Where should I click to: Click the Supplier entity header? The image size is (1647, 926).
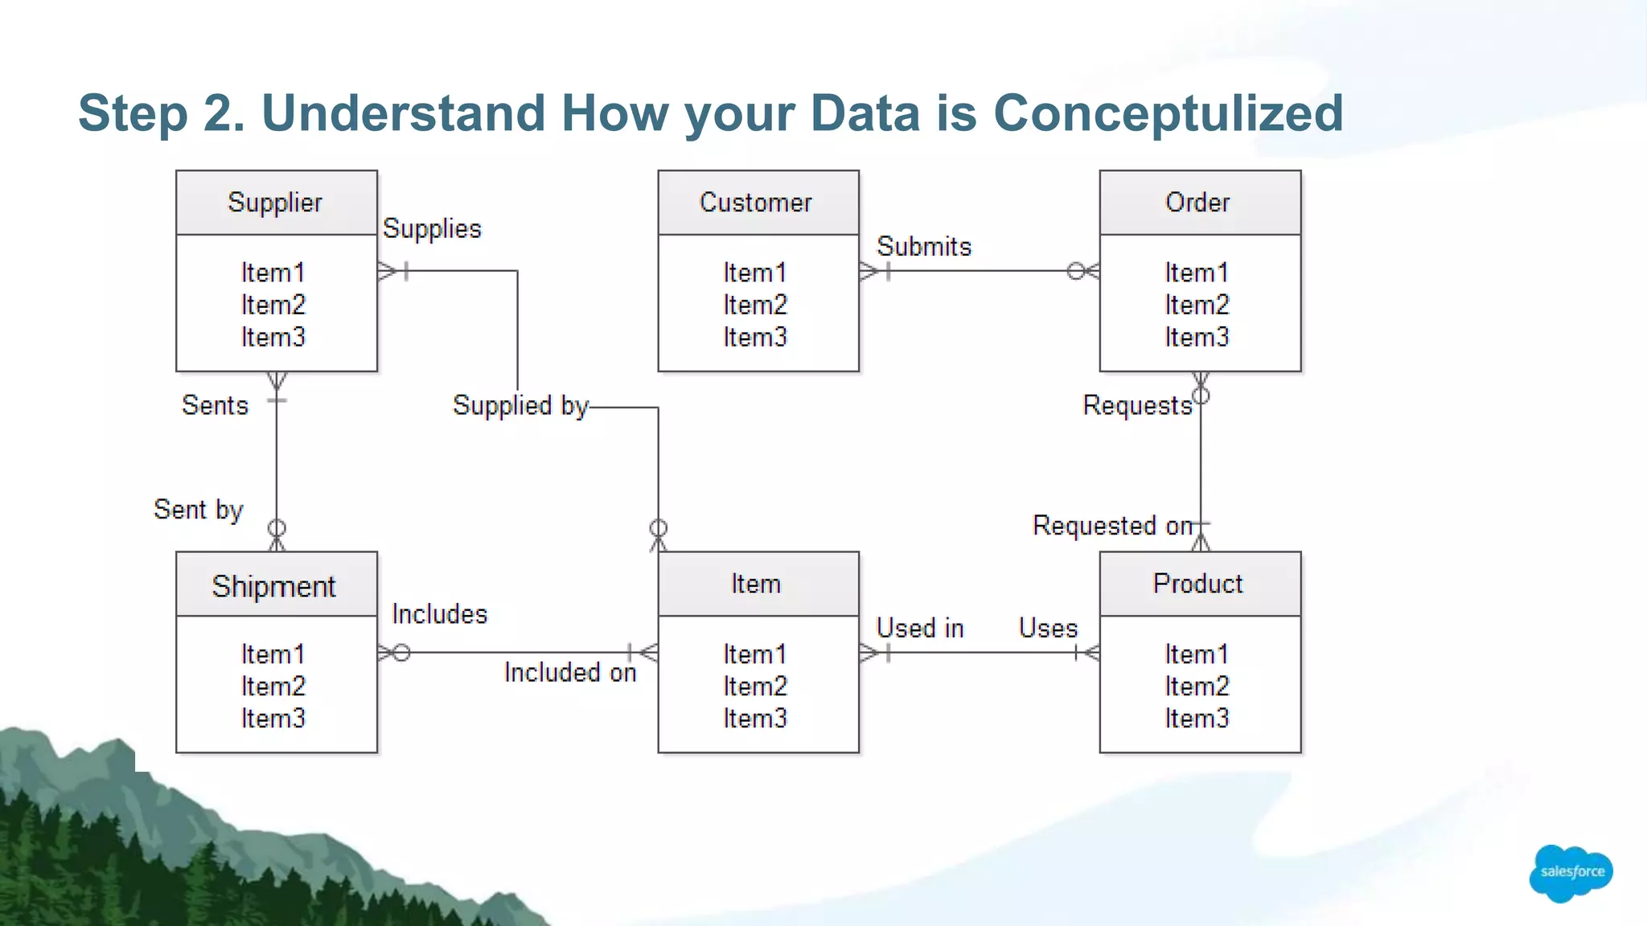pos(276,203)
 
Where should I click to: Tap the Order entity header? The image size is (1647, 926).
pos(1199,203)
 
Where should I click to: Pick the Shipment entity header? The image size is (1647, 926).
pos(276,585)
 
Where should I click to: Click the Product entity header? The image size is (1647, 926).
pos(1199,584)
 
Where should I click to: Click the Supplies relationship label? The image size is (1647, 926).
pos(432,229)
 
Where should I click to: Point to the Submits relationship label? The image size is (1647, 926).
pos(924,247)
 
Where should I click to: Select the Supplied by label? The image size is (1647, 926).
pos(520,406)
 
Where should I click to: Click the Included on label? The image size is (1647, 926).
pos(570,672)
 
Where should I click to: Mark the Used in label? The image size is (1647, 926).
pos(920,628)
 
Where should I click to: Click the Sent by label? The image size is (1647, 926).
pos(199,510)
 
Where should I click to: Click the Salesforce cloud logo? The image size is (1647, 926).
pos(1571,872)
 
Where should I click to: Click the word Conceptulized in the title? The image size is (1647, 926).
pos(1168,113)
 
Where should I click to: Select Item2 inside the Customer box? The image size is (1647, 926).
pos(755,305)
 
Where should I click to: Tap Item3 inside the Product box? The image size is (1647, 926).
pos(1197,719)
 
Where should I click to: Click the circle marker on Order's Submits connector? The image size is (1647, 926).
pos(1076,272)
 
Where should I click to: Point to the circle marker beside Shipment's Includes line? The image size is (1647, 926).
pos(401,653)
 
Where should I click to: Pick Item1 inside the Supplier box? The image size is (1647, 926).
pos(273,273)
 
